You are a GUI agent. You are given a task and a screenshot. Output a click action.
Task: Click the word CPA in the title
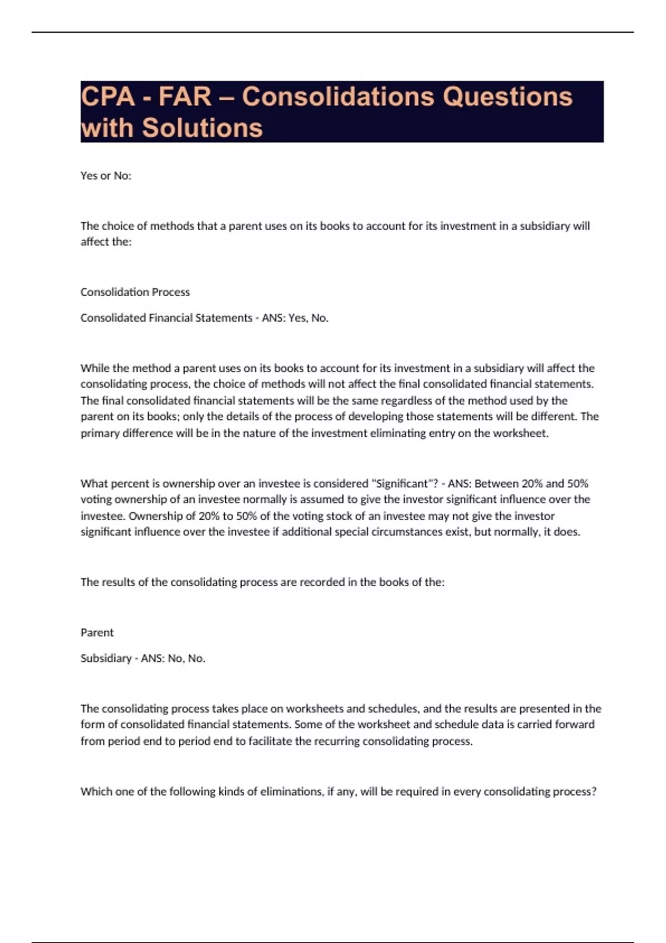tap(108, 97)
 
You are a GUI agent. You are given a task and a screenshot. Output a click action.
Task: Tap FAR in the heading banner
tap(185, 97)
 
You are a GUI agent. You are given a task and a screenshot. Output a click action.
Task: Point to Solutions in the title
tap(202, 128)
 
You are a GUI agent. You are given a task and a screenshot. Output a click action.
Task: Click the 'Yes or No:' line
tap(106, 176)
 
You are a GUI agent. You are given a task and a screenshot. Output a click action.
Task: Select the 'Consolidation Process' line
tap(135, 292)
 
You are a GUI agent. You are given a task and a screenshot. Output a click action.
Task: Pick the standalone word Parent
tap(97, 633)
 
